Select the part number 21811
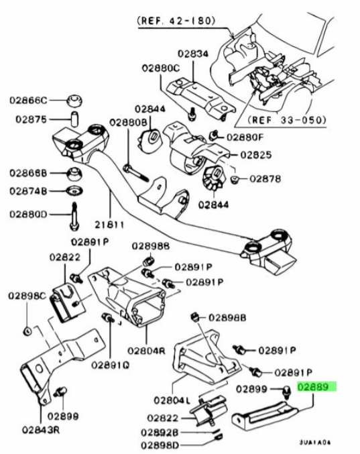click(x=109, y=225)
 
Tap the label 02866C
click(x=28, y=100)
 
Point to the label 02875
click(x=32, y=119)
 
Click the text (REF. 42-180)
click(x=176, y=20)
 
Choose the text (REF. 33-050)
click(x=286, y=119)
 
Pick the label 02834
click(x=193, y=54)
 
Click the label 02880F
click(x=245, y=137)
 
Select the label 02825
click(x=256, y=155)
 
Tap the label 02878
click(x=265, y=178)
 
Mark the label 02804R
click(x=146, y=351)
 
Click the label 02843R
click(x=41, y=430)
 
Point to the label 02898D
click(x=160, y=445)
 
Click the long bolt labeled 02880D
click(x=74, y=217)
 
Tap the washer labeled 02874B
click(x=74, y=191)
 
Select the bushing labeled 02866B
click(x=74, y=174)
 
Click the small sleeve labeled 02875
click(x=75, y=119)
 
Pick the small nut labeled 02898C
click(x=27, y=331)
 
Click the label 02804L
click(x=172, y=400)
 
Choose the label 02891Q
click(x=110, y=365)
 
